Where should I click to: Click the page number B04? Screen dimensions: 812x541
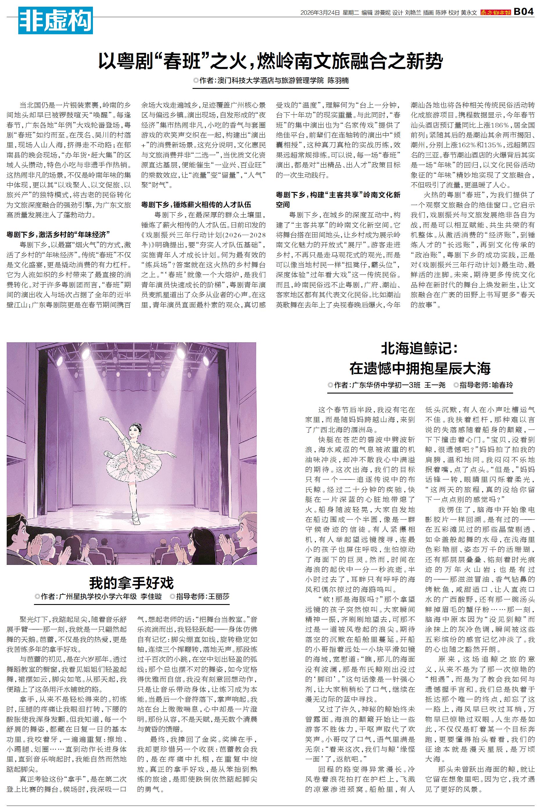(523, 12)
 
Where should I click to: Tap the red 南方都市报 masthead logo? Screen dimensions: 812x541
(495, 12)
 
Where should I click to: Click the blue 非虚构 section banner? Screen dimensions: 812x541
(55, 22)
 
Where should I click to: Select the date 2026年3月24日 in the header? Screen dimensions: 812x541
(320, 13)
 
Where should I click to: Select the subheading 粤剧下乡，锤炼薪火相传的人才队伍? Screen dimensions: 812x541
(196, 204)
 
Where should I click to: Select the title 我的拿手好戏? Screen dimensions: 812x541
(132, 582)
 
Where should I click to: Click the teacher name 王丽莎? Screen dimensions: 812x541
(218, 597)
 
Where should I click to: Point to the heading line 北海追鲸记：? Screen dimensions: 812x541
(420, 349)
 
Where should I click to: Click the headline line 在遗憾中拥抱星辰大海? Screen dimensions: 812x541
(420, 369)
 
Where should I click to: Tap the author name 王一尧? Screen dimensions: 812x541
(435, 385)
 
